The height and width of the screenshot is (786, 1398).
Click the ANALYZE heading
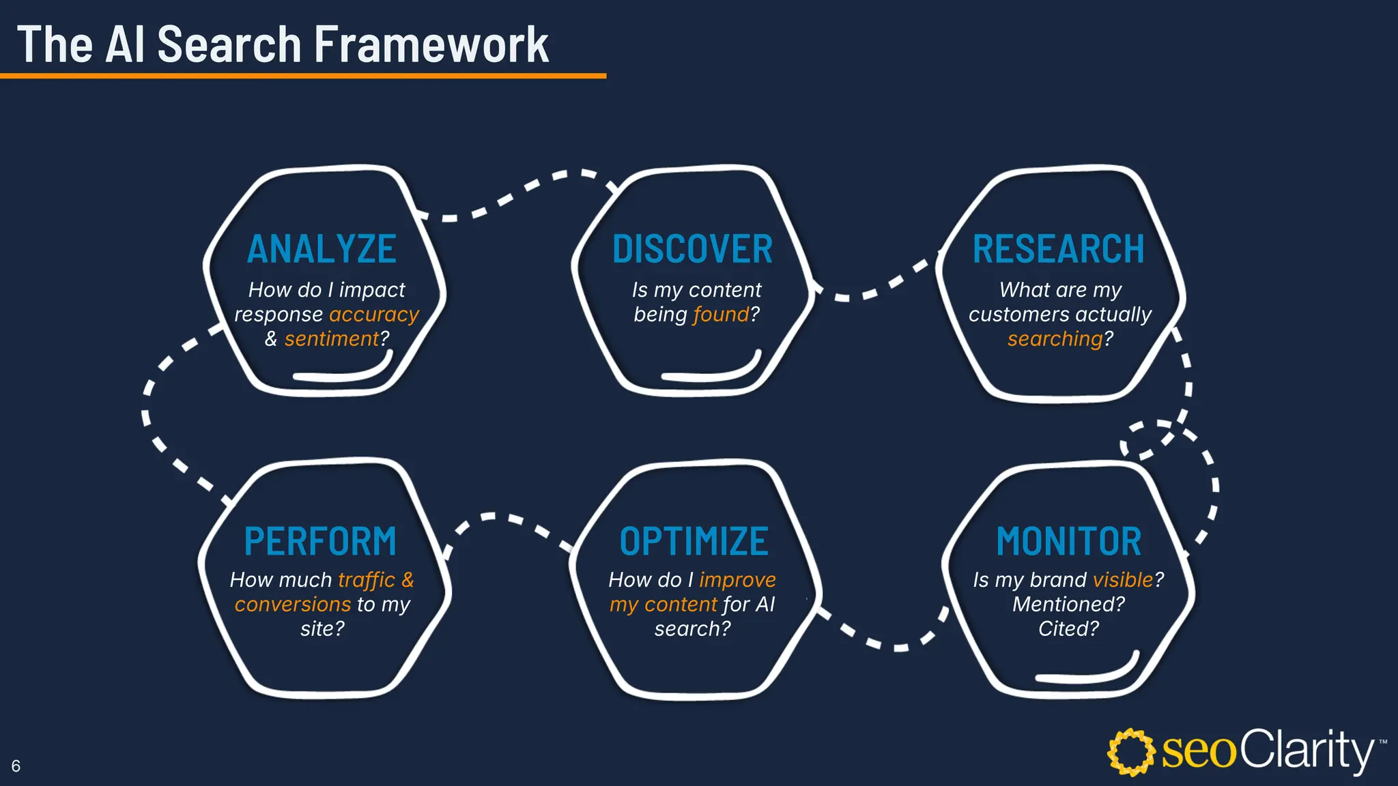[322, 249]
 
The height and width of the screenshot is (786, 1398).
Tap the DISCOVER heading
[692, 249]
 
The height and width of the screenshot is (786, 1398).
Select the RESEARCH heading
[1058, 249]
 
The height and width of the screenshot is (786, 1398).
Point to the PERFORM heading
[320, 542]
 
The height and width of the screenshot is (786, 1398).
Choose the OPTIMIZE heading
[694, 542]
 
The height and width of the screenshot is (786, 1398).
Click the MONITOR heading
[1068, 542]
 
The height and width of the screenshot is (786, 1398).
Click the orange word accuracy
[374, 315]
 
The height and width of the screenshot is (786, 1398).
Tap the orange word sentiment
[332, 339]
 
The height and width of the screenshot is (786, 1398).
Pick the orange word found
[721, 315]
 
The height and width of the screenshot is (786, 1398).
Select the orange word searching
[1055, 339]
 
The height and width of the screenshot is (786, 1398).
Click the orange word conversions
[292, 605]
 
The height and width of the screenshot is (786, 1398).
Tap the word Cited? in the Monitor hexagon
[1068, 628]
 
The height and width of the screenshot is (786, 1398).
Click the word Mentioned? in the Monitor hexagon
[1068, 605]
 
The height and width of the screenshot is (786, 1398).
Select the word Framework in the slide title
[431, 45]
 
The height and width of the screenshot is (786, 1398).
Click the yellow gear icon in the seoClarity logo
[1130, 752]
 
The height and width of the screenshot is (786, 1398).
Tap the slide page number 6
[16, 766]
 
